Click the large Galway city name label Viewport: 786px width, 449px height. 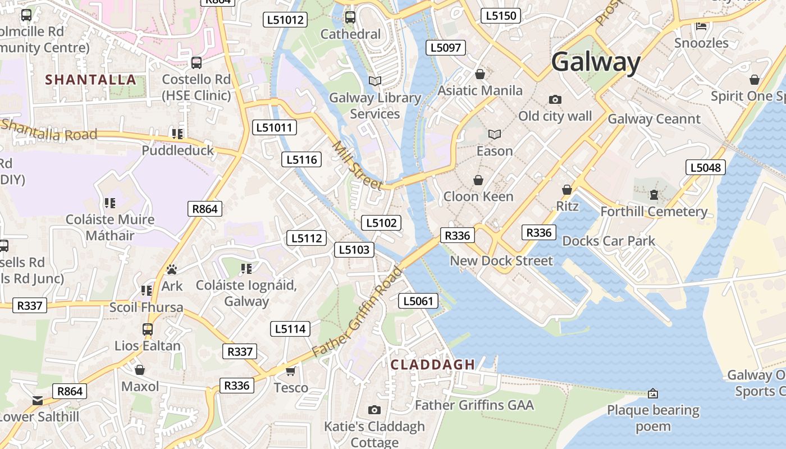[x=596, y=62]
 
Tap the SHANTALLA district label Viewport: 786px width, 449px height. [x=91, y=80]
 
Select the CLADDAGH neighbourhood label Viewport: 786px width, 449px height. [x=433, y=364]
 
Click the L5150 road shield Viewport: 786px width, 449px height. [x=500, y=16]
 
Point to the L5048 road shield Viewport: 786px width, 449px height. [x=705, y=167]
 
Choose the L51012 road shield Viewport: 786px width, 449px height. [x=285, y=20]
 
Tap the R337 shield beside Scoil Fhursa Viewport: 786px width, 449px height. [x=30, y=306]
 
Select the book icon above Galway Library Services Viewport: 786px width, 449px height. [x=374, y=81]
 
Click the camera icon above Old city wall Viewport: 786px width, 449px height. [x=555, y=99]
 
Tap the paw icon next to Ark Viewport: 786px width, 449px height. [x=171, y=269]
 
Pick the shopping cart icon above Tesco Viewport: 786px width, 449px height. [x=290, y=371]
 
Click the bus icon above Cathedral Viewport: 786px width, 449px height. [x=350, y=17]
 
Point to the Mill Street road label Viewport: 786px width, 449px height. [x=357, y=166]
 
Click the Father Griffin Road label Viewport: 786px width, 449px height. [x=358, y=311]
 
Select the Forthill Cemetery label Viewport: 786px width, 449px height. [x=654, y=212]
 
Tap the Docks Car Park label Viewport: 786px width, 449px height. [x=609, y=241]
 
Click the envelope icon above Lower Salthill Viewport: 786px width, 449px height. [x=37, y=401]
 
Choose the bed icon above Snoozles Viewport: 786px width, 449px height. [x=701, y=26]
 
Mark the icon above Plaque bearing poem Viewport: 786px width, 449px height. [x=652, y=393]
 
